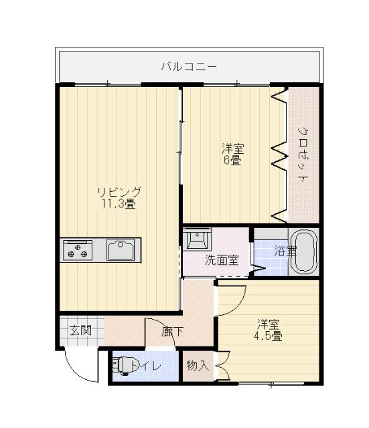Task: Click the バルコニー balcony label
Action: [188, 67]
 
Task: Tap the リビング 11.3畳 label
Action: [118, 198]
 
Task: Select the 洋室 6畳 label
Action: [232, 154]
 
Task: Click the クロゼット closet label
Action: [303, 154]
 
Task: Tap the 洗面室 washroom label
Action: [221, 260]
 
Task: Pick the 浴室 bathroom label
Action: [284, 251]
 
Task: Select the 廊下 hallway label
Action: [173, 330]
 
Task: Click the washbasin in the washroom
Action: [199, 239]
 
